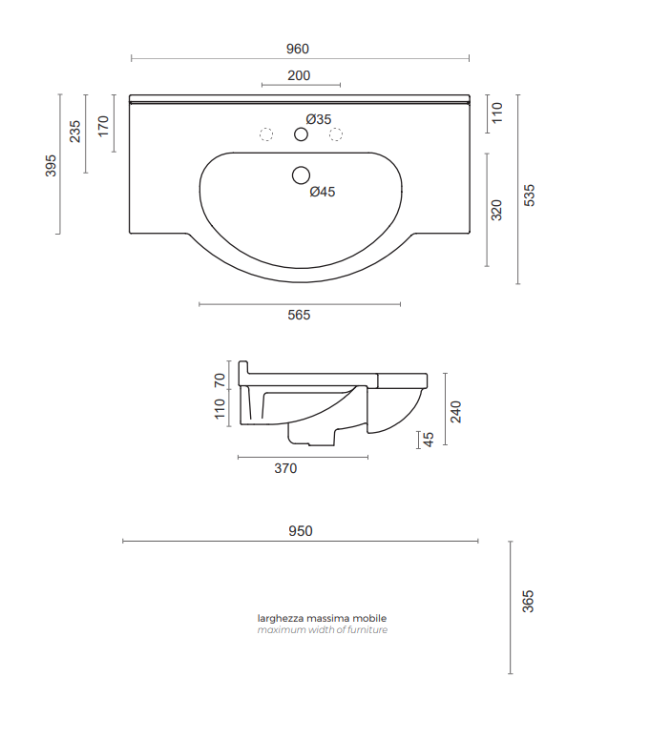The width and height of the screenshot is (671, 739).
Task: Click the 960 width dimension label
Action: [297, 49]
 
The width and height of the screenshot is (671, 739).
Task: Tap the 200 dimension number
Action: [299, 75]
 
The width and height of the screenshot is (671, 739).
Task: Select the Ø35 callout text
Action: [319, 119]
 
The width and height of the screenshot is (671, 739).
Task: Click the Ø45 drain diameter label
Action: [323, 192]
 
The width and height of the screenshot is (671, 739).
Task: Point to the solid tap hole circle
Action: [301, 134]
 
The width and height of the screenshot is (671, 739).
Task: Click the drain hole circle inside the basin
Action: [301, 175]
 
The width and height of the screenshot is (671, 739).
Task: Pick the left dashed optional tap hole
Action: [266, 134]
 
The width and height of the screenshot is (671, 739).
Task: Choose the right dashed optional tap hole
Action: [336, 134]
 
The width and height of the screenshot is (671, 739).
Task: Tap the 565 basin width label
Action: [299, 315]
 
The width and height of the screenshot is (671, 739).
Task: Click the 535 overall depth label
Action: [530, 195]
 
